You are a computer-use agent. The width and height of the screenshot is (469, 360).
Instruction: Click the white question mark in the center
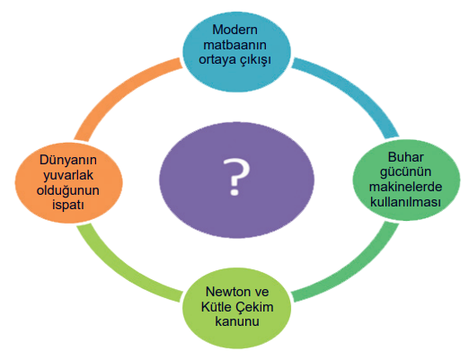pyautogui.click(x=236, y=177)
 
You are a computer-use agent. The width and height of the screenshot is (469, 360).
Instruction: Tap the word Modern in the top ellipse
pyautogui.click(x=234, y=30)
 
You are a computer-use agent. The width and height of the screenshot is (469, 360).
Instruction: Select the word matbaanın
pyautogui.click(x=234, y=45)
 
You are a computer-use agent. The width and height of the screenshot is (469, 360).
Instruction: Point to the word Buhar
pyautogui.click(x=406, y=157)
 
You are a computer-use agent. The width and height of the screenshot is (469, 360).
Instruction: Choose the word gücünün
pyautogui.click(x=405, y=172)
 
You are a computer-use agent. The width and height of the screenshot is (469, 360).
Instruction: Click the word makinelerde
pyautogui.click(x=405, y=187)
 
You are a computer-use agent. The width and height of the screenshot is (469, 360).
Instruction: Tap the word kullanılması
pyautogui.click(x=405, y=202)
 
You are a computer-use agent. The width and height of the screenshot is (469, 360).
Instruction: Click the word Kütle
pyautogui.click(x=217, y=307)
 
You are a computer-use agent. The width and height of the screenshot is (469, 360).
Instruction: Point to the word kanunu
pyautogui.click(x=237, y=321)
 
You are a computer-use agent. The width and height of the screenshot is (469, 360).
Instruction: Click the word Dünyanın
pyautogui.click(x=68, y=160)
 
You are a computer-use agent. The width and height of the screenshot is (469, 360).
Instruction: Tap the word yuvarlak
pyautogui.click(x=68, y=176)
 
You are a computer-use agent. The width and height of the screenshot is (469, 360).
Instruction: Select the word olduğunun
pyautogui.click(x=68, y=190)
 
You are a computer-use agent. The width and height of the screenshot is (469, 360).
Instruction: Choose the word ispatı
pyautogui.click(x=68, y=206)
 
